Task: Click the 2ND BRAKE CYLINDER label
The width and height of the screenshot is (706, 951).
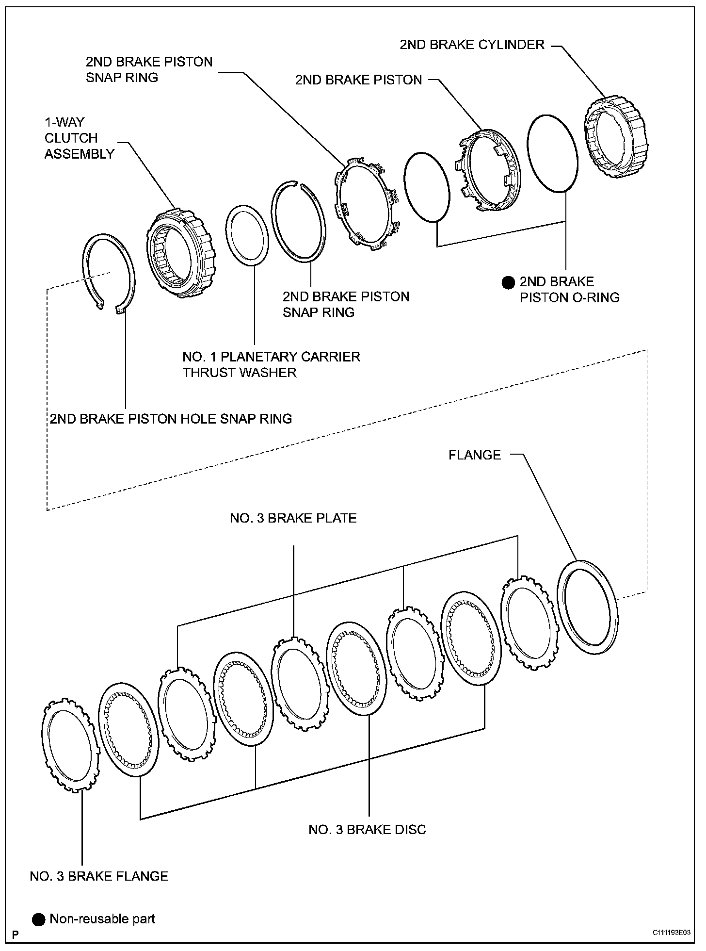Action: pos(472,45)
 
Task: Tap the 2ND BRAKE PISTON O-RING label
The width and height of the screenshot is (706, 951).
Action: pos(569,290)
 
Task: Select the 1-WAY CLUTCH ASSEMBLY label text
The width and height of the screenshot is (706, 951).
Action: pos(80,138)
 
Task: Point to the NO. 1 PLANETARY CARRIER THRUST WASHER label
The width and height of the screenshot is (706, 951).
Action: pos(271,364)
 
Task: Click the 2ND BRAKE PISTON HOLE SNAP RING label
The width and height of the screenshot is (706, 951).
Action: pos(171,418)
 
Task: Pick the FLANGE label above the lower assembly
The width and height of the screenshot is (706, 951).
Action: pos(474,455)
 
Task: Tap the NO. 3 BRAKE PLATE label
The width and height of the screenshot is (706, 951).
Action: pos(293,518)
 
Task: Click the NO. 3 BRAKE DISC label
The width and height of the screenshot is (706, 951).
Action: pos(367,829)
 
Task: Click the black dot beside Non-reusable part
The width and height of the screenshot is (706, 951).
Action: pos(39,919)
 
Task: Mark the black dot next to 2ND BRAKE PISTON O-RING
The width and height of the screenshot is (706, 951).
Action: pos(508,282)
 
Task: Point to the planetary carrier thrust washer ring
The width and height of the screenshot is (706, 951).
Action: pos(248,235)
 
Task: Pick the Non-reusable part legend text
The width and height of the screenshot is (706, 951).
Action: pos(102,919)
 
